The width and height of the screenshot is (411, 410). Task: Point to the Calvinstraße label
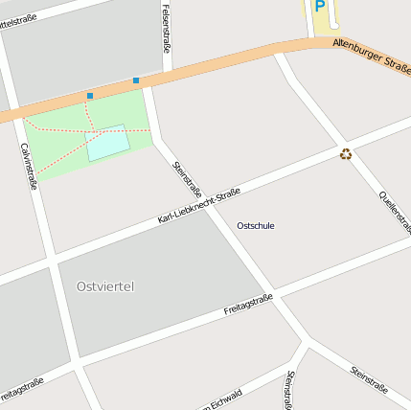(29, 166)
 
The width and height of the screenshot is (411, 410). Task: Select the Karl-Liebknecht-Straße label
(198, 206)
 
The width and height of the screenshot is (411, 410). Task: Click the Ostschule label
(255, 225)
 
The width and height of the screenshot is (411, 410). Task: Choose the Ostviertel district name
(104, 286)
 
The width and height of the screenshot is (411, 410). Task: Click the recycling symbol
(345, 153)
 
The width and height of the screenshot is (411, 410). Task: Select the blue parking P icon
(320, 7)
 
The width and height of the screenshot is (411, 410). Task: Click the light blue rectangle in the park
(108, 143)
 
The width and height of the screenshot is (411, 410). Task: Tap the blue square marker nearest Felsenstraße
(136, 80)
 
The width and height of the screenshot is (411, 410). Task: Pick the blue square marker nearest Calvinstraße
(90, 96)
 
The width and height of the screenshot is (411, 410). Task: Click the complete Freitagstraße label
(248, 304)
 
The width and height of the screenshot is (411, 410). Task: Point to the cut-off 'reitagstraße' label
(21, 389)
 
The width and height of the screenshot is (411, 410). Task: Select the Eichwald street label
(222, 399)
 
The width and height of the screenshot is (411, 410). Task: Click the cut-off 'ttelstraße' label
(25, 12)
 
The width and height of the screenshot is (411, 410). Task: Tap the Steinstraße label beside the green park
(186, 178)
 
